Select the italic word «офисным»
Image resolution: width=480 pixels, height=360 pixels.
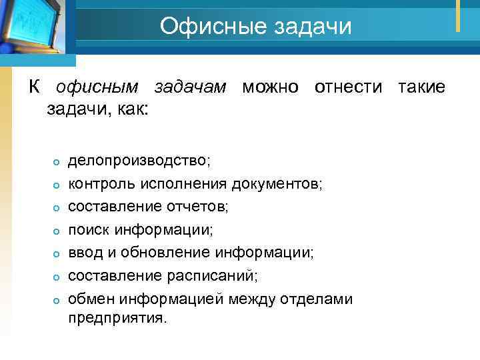[98, 87]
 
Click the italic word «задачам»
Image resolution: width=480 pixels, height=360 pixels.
[191, 87]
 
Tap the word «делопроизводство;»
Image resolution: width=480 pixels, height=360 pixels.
[140, 161]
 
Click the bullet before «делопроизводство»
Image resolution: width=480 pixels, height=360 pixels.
[57, 163]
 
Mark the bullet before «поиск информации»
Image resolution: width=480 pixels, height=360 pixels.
[57, 231]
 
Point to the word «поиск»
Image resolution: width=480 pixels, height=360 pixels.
[89, 230]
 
